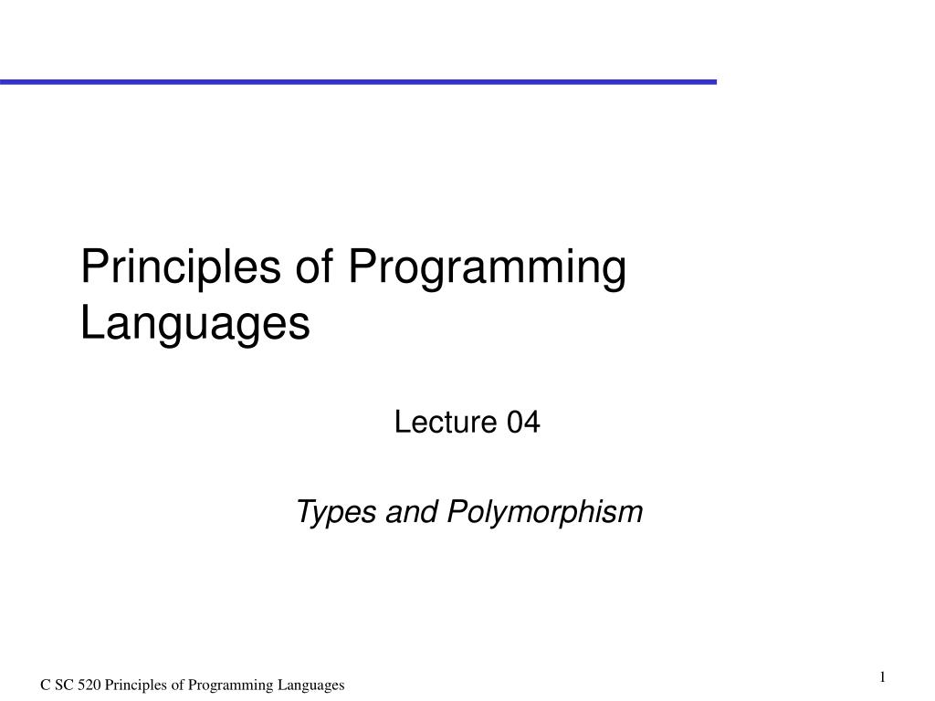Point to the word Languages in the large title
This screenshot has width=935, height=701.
195,324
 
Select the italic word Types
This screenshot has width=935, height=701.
335,513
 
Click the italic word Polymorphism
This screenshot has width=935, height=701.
545,513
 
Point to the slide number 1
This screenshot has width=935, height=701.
883,676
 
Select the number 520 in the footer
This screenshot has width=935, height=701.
89,685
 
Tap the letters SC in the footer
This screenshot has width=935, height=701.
65,685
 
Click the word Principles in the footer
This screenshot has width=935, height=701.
136,685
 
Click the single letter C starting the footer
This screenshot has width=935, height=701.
45,685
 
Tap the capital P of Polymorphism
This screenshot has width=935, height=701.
455,513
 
